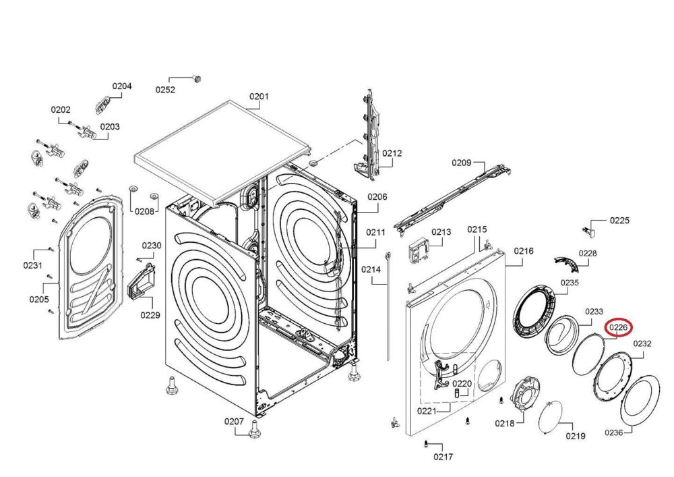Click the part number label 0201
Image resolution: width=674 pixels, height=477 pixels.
point(259,96)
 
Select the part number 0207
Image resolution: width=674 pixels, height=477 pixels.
point(234,422)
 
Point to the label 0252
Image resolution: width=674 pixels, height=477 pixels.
point(166,90)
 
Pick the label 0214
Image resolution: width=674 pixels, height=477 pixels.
point(371,269)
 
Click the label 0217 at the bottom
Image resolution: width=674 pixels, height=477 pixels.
point(443,456)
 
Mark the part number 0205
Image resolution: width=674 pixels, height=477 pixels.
point(38,298)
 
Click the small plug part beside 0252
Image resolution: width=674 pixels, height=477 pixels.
point(197,78)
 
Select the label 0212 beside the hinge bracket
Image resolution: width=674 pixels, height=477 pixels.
point(392,153)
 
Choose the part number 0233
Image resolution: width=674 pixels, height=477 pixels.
point(593,312)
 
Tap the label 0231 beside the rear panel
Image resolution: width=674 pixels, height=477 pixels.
point(32,265)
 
